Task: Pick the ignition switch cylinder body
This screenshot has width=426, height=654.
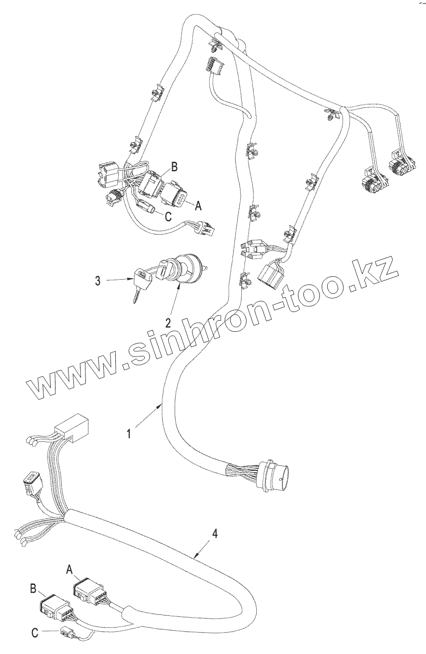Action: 186,267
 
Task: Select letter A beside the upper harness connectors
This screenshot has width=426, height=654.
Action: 197,206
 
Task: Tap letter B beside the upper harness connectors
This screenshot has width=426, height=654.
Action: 175,168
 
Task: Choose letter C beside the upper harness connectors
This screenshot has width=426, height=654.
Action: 167,218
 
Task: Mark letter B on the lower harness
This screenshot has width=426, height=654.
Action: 33,589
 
